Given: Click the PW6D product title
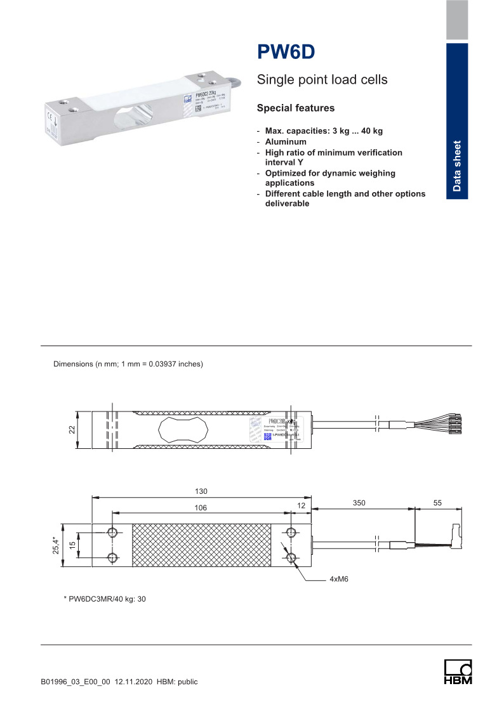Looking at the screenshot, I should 286,52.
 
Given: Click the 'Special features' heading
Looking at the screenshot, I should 295,108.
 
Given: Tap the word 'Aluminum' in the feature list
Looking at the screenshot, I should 286,142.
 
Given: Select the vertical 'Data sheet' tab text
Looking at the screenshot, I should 457,165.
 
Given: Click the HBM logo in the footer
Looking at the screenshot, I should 458,672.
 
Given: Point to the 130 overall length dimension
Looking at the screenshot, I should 202,491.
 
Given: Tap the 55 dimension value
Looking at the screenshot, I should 438,502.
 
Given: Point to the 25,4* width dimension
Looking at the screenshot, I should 55,544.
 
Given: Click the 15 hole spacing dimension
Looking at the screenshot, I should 72,544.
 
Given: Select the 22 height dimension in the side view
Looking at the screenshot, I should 72,430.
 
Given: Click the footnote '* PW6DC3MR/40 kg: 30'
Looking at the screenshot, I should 105,599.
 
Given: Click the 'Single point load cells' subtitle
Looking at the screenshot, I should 322,81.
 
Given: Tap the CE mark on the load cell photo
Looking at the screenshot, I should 49,115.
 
